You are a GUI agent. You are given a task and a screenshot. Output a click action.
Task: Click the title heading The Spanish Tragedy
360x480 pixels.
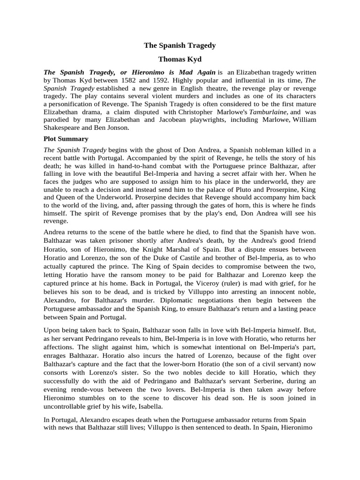[180, 45]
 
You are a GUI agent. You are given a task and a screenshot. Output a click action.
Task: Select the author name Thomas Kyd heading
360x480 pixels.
[180, 60]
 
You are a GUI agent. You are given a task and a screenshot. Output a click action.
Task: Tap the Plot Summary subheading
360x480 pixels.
[66, 139]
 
